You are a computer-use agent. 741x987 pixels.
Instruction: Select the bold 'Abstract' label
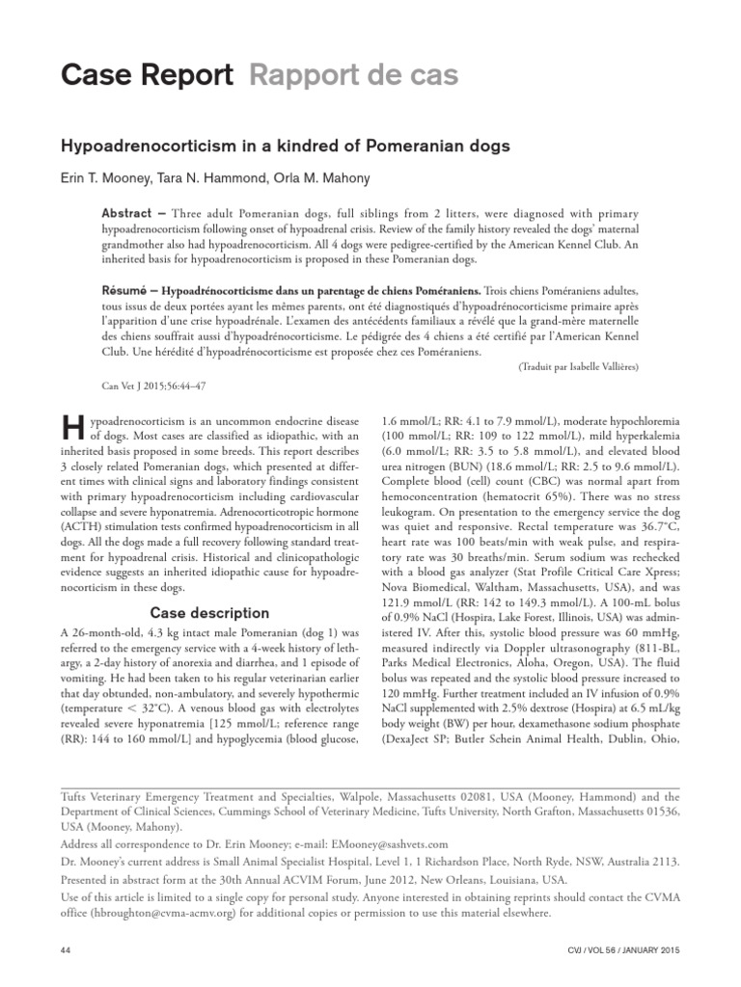point(126,213)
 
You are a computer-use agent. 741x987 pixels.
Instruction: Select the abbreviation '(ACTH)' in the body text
point(82,527)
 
